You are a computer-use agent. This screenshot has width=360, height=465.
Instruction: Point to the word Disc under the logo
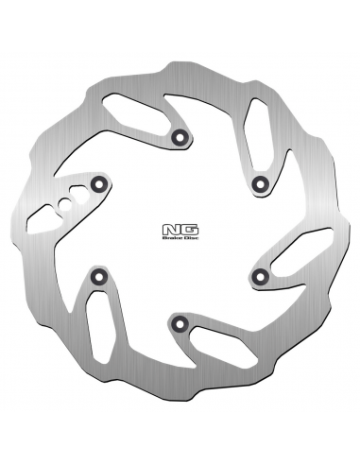click(191, 238)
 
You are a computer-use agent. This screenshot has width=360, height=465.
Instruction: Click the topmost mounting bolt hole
click(180, 137)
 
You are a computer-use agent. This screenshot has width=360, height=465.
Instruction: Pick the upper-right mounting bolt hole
click(260, 183)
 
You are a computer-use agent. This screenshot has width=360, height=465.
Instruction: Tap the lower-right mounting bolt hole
click(260, 276)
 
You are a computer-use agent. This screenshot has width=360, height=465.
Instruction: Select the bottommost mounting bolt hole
click(180, 322)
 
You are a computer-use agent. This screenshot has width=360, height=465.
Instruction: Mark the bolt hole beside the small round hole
click(98, 183)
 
